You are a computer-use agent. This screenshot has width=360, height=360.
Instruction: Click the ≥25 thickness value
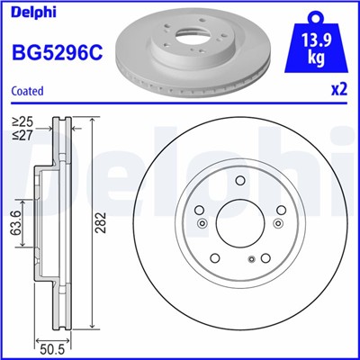tap(21, 120)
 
